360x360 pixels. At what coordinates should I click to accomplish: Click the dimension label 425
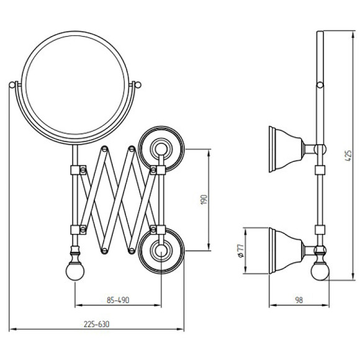348,156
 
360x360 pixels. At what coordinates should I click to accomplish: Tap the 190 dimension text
204,200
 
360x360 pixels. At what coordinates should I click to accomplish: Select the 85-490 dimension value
118,300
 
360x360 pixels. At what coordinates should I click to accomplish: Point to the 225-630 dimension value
96,324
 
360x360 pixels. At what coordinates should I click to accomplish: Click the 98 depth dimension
299,300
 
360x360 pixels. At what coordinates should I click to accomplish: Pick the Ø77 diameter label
240,251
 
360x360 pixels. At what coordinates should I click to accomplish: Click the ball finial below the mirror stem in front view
75,271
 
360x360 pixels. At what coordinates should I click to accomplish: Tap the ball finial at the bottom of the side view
320,271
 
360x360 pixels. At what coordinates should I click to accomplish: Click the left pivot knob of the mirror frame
12,85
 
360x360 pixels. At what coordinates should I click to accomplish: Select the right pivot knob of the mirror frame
138,84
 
